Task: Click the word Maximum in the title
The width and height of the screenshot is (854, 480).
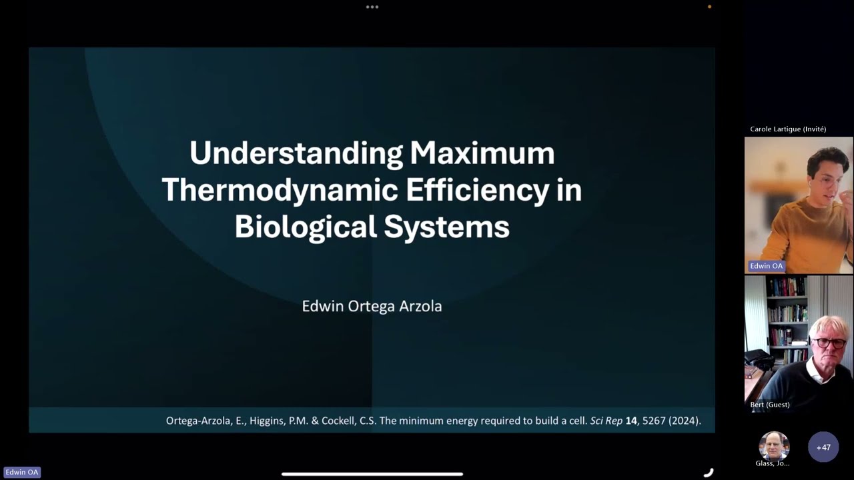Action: coord(482,153)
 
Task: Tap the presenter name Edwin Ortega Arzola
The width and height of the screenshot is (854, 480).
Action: coord(372,306)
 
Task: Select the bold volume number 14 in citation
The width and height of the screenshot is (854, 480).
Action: coord(631,421)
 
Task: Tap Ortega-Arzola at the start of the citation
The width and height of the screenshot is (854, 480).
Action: coord(199,421)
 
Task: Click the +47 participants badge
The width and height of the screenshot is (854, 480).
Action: coord(823,447)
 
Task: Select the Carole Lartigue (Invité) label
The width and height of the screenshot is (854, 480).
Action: coord(788,129)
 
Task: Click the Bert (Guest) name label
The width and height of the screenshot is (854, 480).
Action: coord(769,405)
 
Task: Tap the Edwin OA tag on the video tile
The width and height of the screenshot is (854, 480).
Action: coord(766,266)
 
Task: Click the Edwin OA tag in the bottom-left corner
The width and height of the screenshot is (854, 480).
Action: coord(22,472)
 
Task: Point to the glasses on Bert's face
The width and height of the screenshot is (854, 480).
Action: coord(829,343)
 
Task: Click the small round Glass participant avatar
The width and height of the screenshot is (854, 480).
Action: coord(774,445)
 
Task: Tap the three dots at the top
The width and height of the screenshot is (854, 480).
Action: coord(372,7)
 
